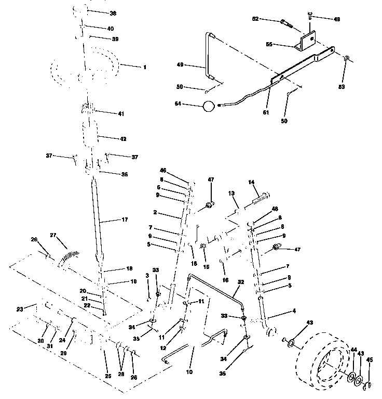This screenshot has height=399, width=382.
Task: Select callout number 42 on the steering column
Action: click(123, 139)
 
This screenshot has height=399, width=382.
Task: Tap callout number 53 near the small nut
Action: click(342, 86)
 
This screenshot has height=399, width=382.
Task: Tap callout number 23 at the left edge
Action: click(20, 308)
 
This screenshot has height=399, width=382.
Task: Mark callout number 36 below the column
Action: click(124, 174)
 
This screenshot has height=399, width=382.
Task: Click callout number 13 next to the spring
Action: click(232, 192)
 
